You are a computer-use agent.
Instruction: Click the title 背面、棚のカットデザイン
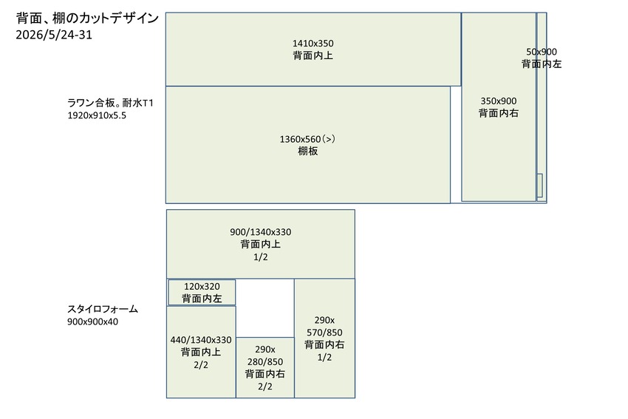pyautogui.click(x=87, y=18)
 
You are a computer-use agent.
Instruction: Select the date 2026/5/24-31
pyautogui.click(x=54, y=35)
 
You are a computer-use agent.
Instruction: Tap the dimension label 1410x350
pyautogui.click(x=313, y=44)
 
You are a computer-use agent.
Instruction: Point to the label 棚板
pyautogui.click(x=308, y=151)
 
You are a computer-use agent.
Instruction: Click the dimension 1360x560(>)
pyautogui.click(x=307, y=139)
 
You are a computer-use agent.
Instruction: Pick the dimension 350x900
pyautogui.click(x=499, y=101)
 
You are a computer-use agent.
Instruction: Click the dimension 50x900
pyautogui.click(x=541, y=52)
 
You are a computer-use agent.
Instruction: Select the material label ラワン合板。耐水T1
pyautogui.click(x=110, y=103)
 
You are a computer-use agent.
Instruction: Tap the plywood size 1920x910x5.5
pyautogui.click(x=97, y=115)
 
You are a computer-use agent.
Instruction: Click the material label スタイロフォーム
pyautogui.click(x=103, y=309)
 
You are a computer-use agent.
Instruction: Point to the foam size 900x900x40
pyautogui.click(x=92, y=321)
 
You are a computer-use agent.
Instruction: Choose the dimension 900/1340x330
pyautogui.click(x=260, y=232)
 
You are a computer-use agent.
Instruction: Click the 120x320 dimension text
pyautogui.click(x=202, y=287)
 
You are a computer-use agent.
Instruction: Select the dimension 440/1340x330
pyautogui.click(x=201, y=340)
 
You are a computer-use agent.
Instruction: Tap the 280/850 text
pyautogui.click(x=265, y=361)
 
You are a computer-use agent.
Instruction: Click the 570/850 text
pyautogui.click(x=324, y=333)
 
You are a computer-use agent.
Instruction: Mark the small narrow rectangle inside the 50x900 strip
pyautogui.click(x=539, y=185)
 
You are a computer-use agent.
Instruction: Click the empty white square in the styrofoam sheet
pyautogui.click(x=265, y=308)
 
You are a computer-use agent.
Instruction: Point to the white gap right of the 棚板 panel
pyautogui.click(x=456, y=145)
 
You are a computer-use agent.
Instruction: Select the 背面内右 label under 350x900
pyautogui.click(x=499, y=113)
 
